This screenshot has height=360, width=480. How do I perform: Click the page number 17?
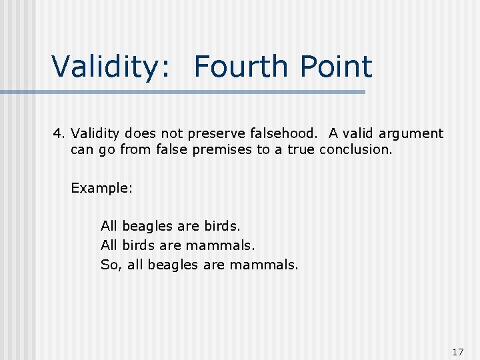click(x=457, y=351)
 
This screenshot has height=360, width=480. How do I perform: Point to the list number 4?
click(x=57, y=134)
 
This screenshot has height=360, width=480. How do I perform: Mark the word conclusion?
click(x=356, y=149)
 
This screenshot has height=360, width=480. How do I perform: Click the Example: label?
click(x=102, y=188)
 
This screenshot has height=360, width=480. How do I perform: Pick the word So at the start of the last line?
click(x=109, y=265)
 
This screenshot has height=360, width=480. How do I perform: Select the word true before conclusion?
click(x=301, y=149)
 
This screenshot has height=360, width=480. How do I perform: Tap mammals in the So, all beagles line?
click(x=264, y=265)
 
